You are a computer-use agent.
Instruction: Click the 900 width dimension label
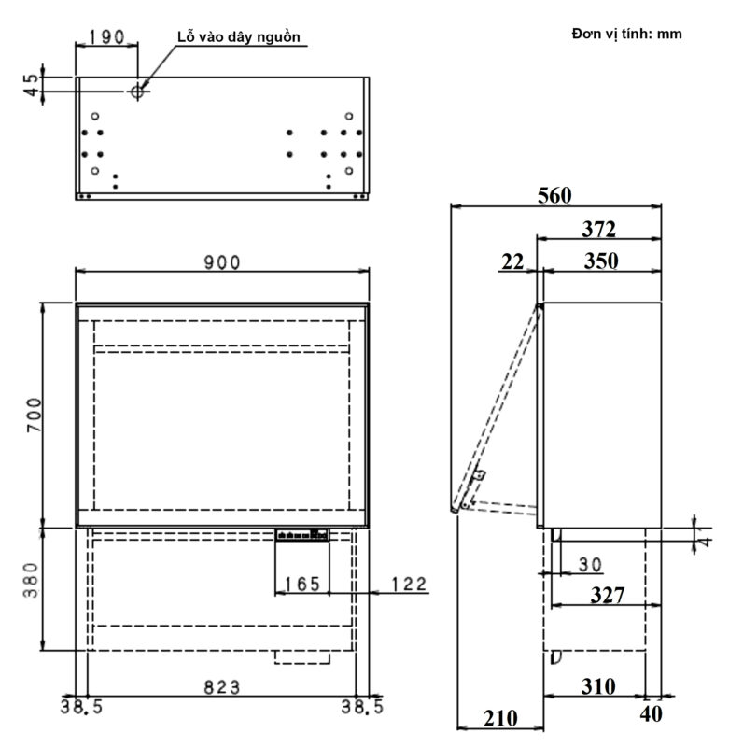[x=222, y=262]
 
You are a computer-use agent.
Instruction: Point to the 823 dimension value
[x=221, y=687]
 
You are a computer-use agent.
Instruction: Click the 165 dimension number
[x=301, y=585]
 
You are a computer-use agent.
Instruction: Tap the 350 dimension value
[x=600, y=261]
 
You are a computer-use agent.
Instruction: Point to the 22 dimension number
[x=512, y=262]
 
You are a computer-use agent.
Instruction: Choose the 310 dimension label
[x=597, y=686]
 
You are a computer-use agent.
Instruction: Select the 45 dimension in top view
[x=34, y=84]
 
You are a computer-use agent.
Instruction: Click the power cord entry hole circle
[x=138, y=91]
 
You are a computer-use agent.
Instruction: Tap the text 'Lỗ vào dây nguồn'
[x=240, y=36]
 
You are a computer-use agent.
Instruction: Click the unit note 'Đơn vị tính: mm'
[x=626, y=34]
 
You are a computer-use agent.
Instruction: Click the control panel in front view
[x=301, y=535]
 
